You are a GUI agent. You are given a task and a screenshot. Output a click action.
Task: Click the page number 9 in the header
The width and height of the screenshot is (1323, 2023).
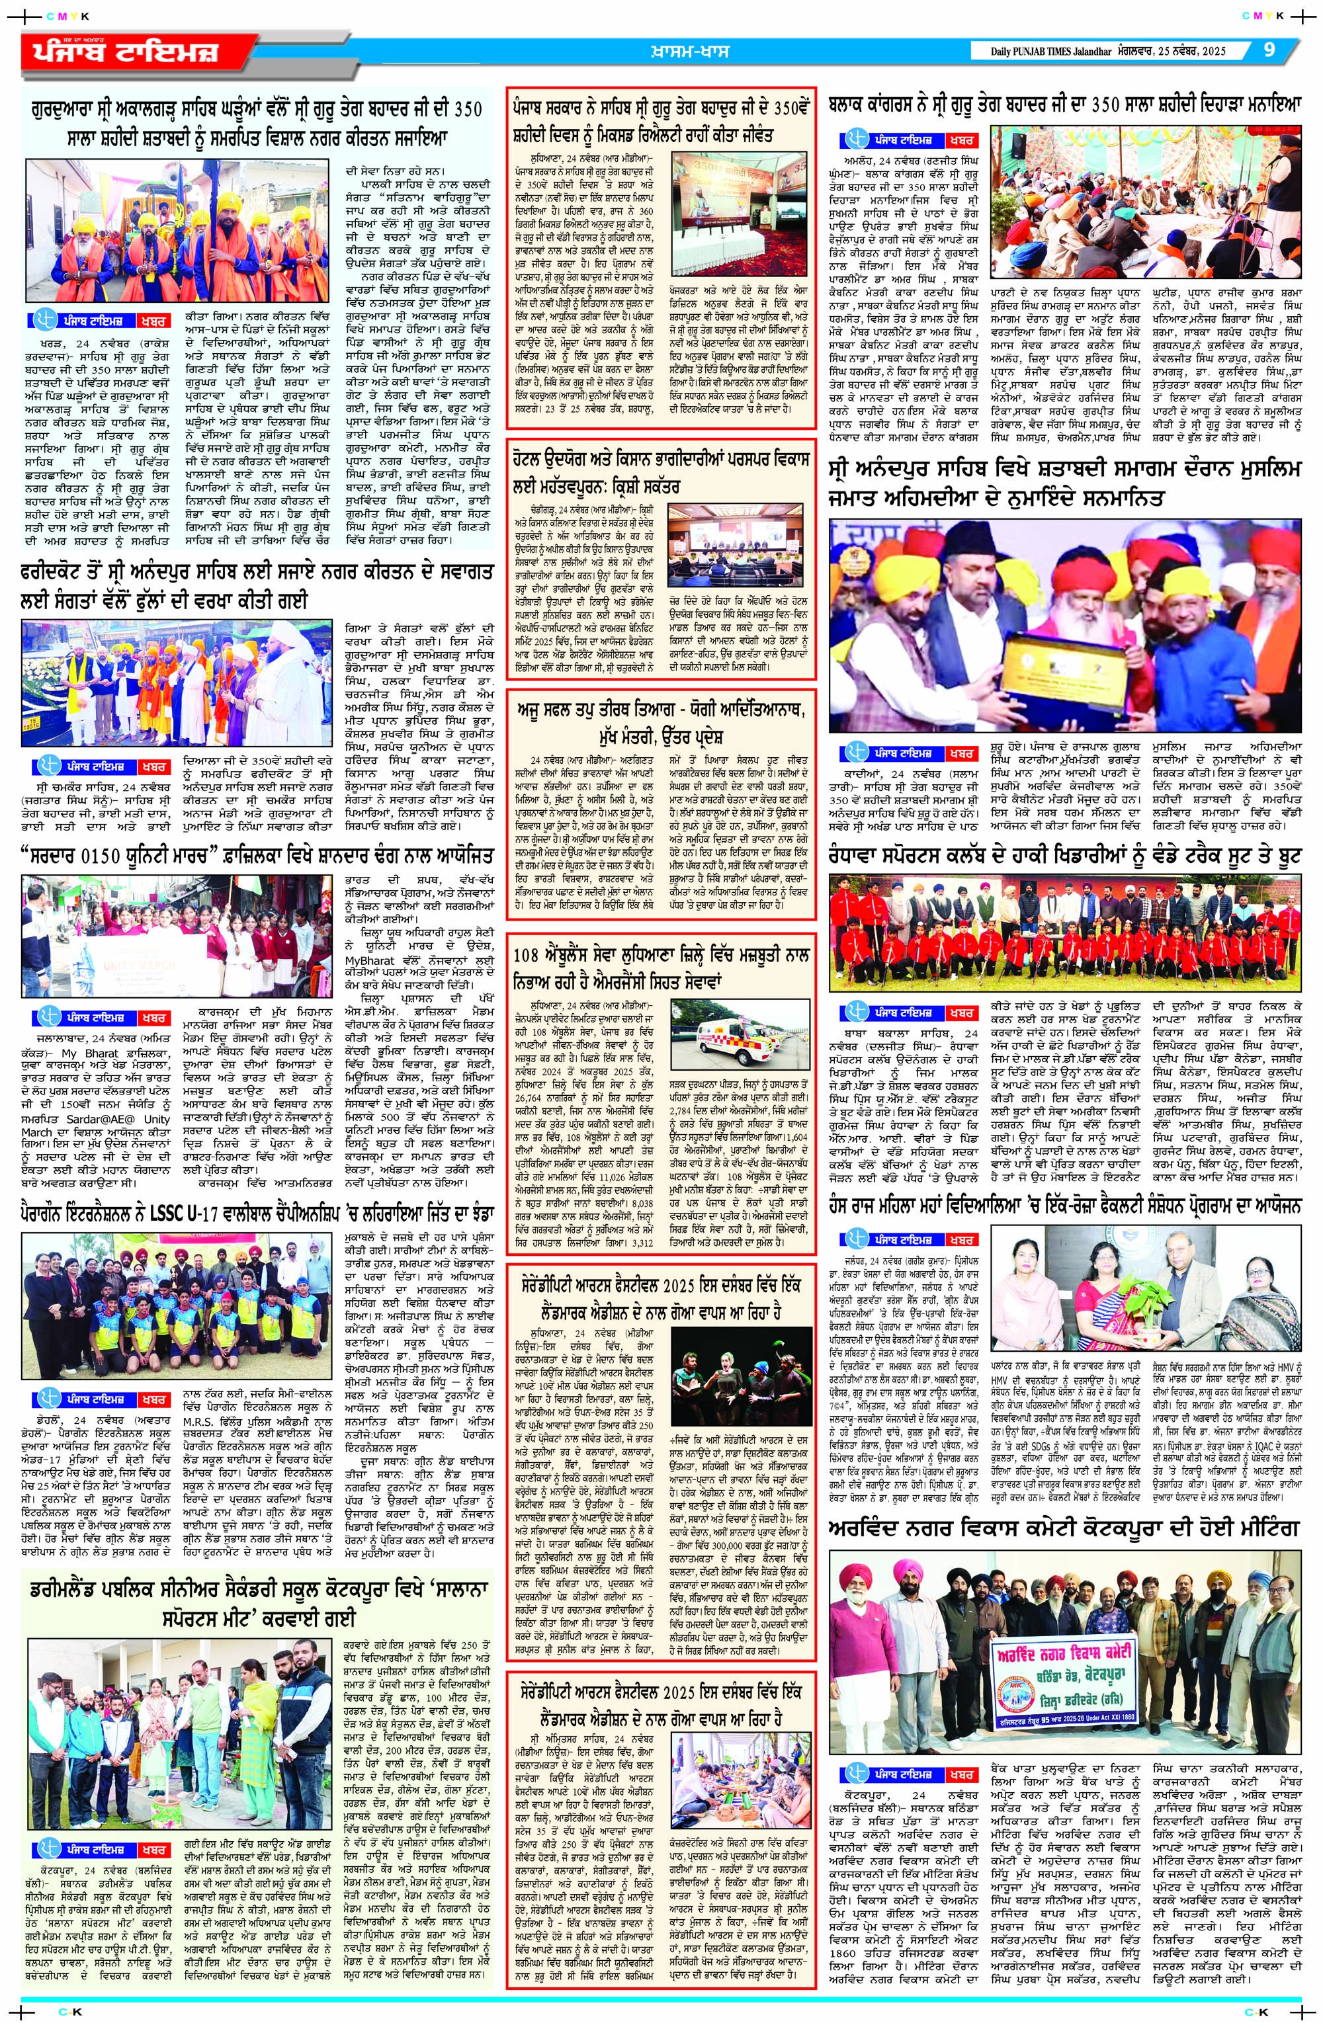tap(1269, 50)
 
